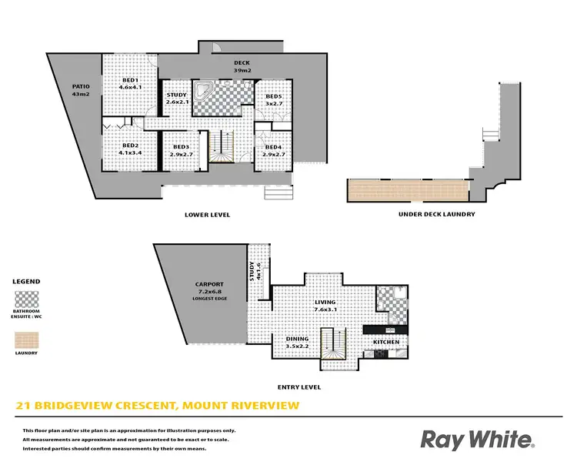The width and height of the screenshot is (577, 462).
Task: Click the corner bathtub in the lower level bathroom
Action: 205,91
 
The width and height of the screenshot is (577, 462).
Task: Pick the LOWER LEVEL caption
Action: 208,215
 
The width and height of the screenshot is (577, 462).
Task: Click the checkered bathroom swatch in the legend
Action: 28,299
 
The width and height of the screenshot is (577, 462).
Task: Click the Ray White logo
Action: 478,440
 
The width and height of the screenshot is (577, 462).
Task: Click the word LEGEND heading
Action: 28,282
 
